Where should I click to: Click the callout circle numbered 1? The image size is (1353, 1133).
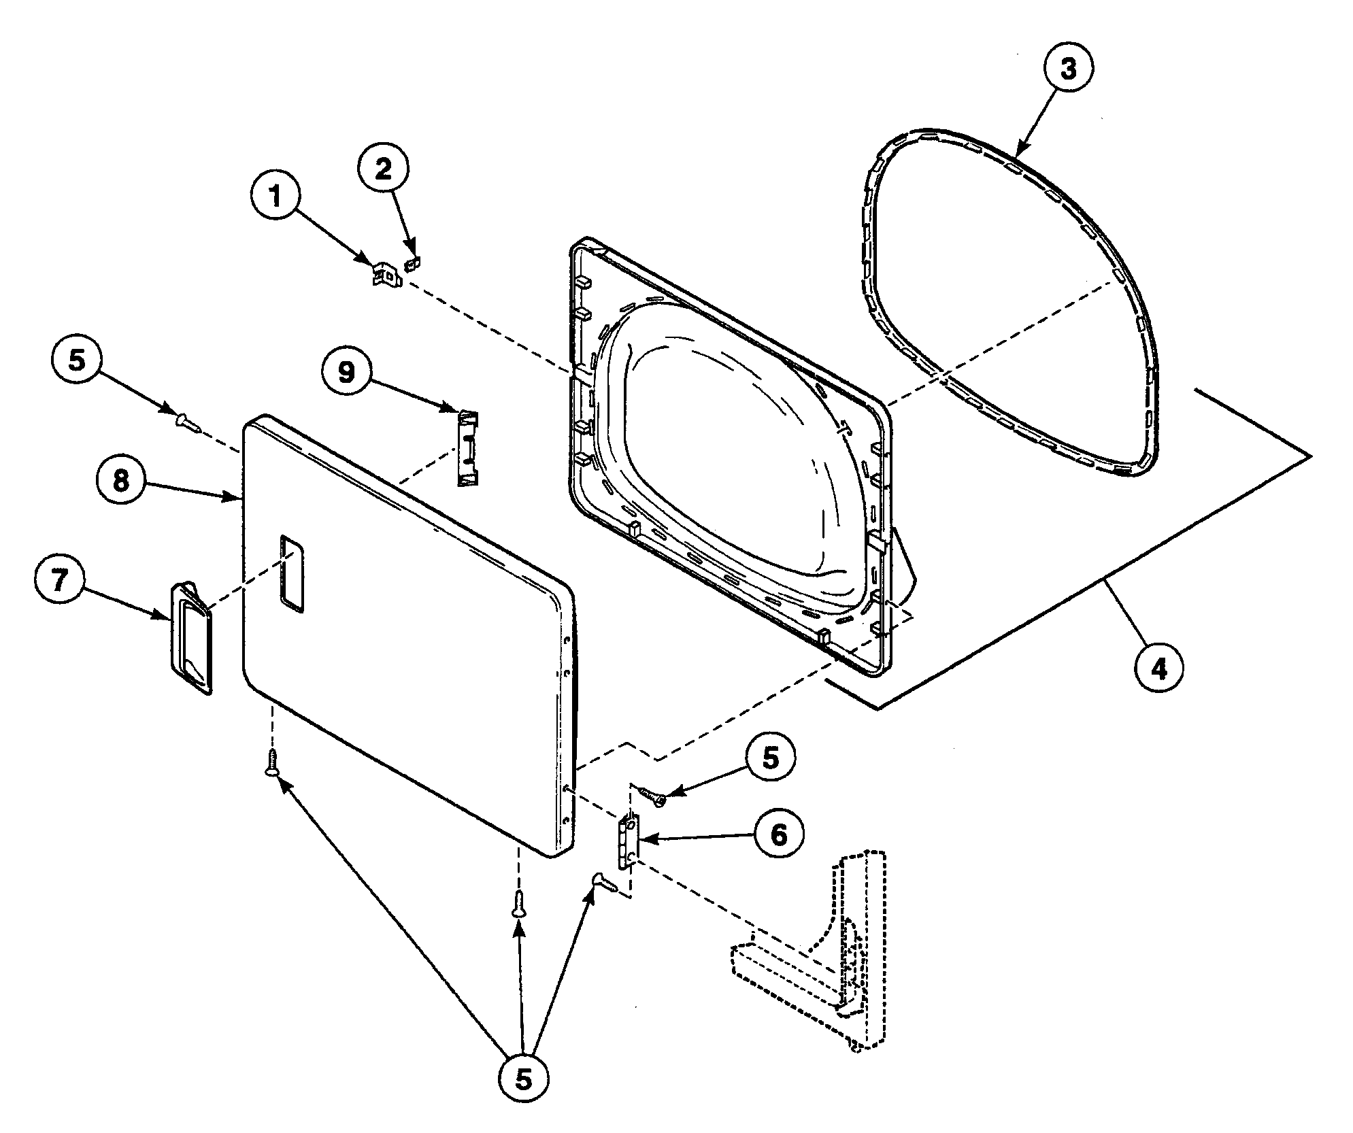click(275, 197)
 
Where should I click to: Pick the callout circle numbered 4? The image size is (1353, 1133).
click(1159, 669)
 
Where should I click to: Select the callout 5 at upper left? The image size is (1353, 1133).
click(77, 360)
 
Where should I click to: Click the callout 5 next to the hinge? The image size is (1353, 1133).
click(770, 758)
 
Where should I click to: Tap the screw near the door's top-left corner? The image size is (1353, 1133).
click(186, 424)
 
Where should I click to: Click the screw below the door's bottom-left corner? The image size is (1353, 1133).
click(272, 762)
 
